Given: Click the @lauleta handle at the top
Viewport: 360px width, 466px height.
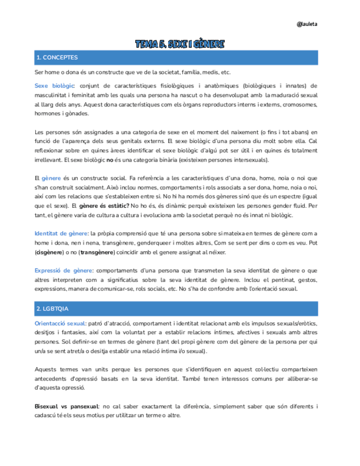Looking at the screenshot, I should click(307, 24).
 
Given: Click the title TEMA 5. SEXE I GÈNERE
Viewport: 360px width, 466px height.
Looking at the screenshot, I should click(180, 44).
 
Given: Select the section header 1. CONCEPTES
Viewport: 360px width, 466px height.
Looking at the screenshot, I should click(57, 58).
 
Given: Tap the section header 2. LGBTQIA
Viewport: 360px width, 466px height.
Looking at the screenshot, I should click(52, 309).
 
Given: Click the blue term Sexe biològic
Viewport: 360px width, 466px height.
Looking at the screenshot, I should click(54, 86).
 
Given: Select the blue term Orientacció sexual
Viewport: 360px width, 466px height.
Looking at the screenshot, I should click(60, 323).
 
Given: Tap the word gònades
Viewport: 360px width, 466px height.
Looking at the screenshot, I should click(77, 114).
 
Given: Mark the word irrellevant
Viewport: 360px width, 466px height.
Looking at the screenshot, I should click(48, 159).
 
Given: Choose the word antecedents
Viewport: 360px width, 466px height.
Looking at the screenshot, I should click(53, 378).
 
